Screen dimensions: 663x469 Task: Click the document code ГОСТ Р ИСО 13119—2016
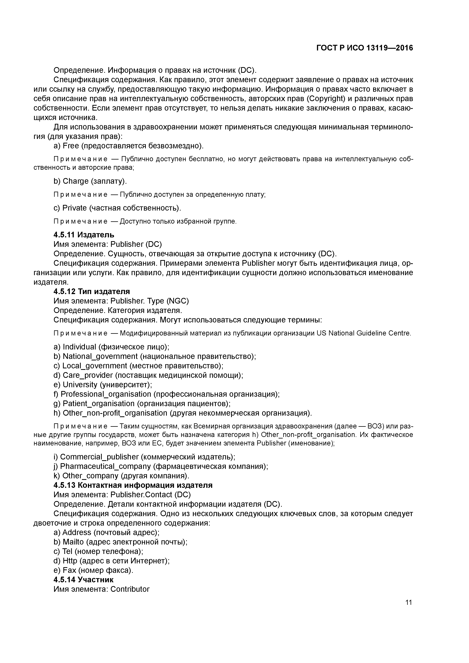365,48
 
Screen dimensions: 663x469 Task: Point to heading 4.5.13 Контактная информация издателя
133,485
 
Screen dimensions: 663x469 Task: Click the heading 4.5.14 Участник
84,580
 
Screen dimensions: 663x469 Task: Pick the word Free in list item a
71,146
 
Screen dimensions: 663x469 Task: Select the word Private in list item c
75,208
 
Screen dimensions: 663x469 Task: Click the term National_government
100,356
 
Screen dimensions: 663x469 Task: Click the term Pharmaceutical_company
106,466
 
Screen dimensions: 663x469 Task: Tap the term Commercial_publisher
99,457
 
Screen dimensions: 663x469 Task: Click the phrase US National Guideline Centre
363,333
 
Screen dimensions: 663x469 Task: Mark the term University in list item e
80,385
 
